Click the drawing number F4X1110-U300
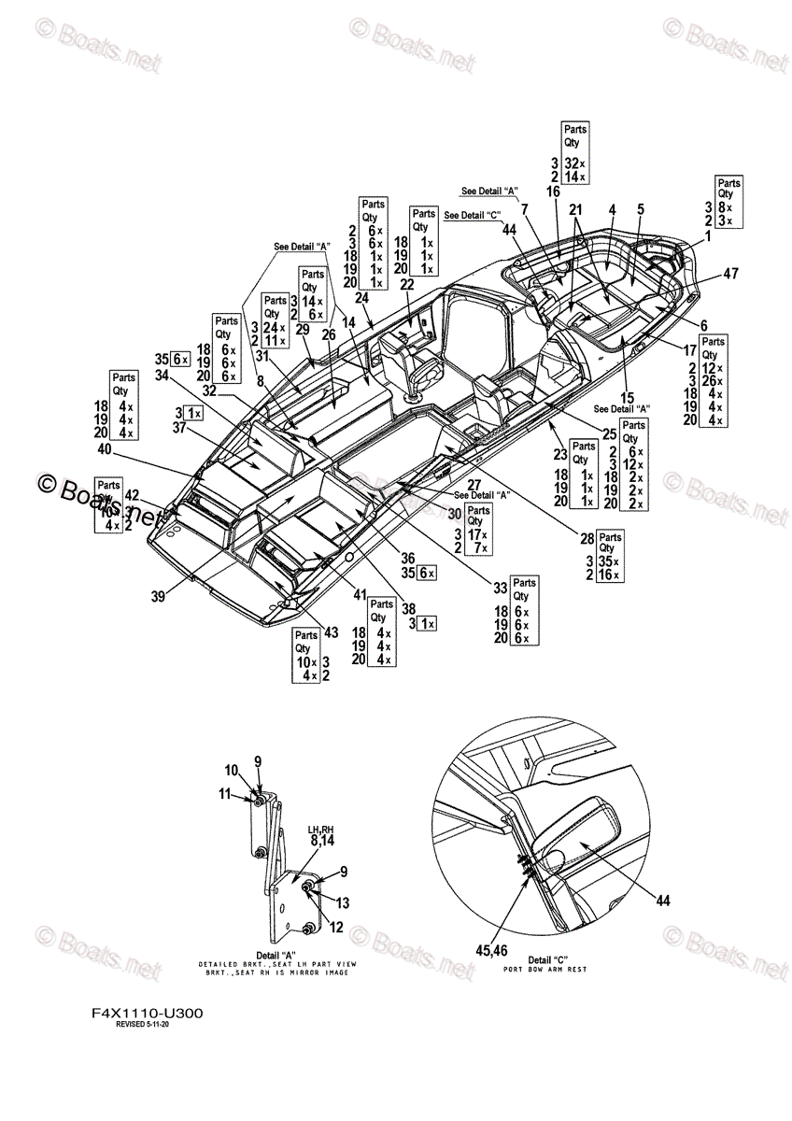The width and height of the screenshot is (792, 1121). pos(147,1013)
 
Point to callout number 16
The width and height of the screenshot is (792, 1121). pos(553,192)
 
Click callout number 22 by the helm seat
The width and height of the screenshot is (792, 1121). pos(406,284)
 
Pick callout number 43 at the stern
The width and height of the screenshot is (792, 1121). pos(329,633)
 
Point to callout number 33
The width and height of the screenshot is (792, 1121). pos(501,588)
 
